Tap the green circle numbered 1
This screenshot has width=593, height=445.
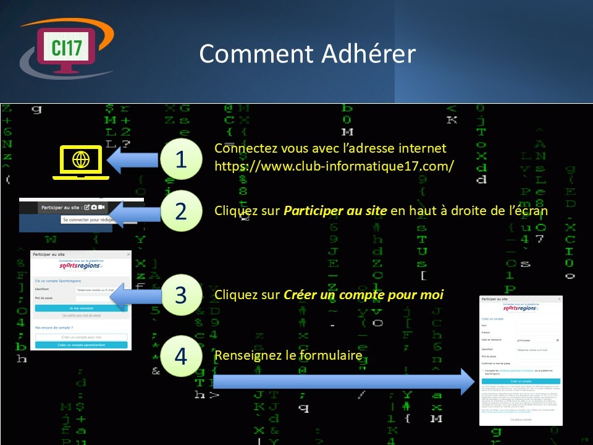[180, 159]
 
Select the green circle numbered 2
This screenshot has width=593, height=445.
[180, 211]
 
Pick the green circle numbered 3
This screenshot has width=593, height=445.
[180, 295]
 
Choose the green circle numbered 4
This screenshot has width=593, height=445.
[180, 357]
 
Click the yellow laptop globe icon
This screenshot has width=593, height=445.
[81, 161]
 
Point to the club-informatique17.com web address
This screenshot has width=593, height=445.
[334, 166]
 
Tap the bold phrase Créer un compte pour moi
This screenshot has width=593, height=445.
[363, 295]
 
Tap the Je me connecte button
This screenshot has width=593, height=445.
[82, 307]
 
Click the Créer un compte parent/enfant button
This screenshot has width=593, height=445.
[82, 345]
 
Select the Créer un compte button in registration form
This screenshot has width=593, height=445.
[521, 381]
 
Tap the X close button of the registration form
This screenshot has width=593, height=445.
[559, 299]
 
